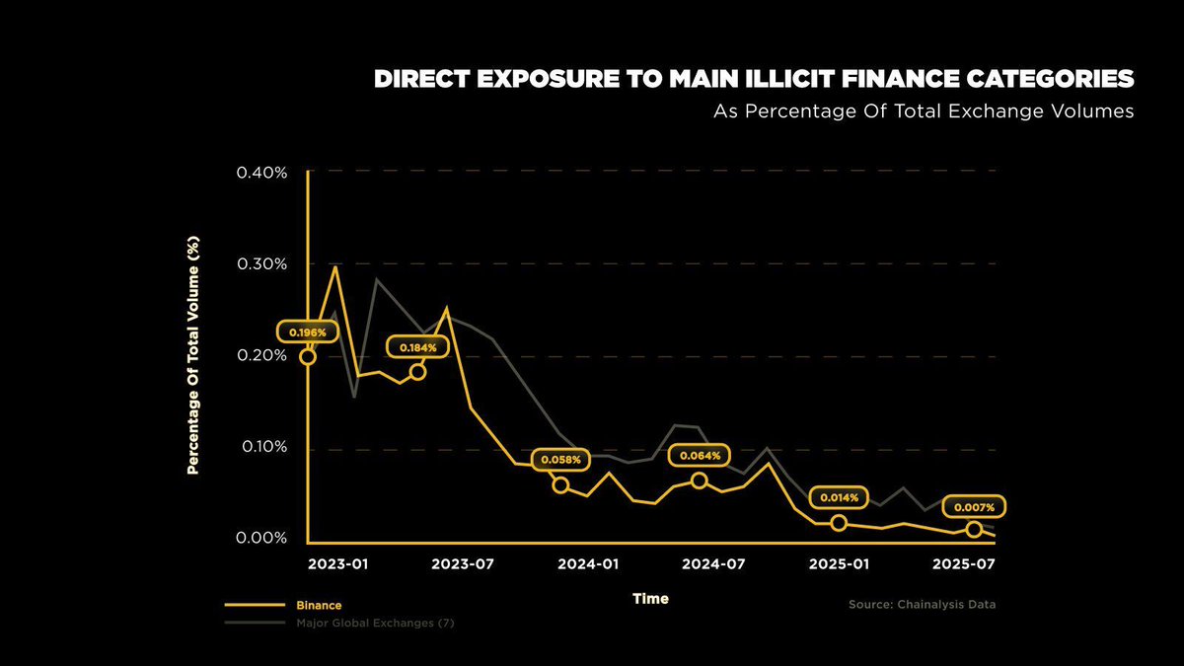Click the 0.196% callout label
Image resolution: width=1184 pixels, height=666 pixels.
point(308,333)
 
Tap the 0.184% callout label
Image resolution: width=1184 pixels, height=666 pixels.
point(418,347)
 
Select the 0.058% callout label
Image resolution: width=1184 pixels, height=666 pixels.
point(561,459)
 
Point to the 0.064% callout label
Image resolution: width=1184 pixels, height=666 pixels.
point(700,456)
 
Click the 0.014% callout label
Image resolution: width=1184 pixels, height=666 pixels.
point(839,498)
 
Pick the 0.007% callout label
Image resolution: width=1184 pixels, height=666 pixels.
point(975,506)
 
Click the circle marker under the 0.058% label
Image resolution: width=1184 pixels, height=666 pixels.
point(560,484)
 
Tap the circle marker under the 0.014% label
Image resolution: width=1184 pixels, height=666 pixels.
point(839,523)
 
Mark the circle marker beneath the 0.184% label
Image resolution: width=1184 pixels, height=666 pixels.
point(417,372)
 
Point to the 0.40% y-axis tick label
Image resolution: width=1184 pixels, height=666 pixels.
point(261,173)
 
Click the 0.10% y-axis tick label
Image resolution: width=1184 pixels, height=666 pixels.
point(261,447)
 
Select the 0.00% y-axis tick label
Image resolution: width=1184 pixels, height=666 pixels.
point(261,539)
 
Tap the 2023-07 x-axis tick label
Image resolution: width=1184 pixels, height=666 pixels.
point(463,564)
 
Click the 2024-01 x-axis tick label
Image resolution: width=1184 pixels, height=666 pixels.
point(589,564)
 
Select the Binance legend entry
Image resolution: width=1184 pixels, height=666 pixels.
point(319,605)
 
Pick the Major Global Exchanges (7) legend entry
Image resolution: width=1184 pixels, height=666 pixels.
point(375,624)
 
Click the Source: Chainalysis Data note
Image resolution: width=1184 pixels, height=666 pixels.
point(922,604)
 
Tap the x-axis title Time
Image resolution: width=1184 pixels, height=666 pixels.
point(650,599)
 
